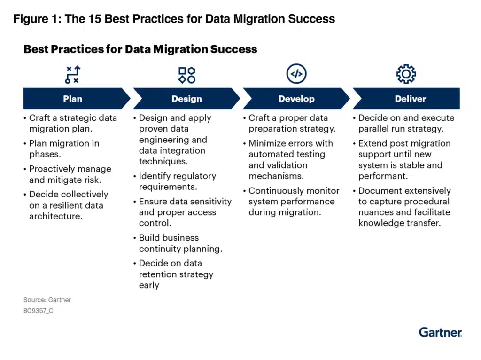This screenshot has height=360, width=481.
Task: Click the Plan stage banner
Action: click(73, 99)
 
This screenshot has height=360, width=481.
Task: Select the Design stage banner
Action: click(186, 99)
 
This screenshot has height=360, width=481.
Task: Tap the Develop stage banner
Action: click(296, 99)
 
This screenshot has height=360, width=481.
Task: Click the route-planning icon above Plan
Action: click(73, 75)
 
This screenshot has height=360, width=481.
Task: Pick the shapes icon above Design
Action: click(186, 75)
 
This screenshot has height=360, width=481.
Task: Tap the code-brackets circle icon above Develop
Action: click(296, 74)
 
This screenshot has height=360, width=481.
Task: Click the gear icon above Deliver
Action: click(406, 74)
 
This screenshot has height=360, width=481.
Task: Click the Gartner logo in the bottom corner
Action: click(440, 332)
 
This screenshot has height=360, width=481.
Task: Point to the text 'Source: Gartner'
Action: click(47, 299)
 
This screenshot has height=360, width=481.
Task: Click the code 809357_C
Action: click(38, 311)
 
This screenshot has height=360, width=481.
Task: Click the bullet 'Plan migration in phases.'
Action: click(64, 149)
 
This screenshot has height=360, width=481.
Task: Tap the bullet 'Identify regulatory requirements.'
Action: click(178, 181)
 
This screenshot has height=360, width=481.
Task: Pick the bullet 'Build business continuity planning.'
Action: click(180, 243)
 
